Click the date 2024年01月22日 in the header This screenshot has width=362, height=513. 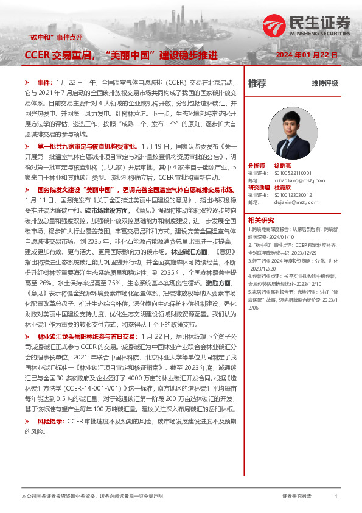(307, 55)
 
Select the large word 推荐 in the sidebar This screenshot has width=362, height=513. (257, 83)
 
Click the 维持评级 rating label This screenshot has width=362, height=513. (324, 83)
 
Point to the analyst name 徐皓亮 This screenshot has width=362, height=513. (284, 165)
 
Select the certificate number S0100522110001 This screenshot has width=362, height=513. (294, 173)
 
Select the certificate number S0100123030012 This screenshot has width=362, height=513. (294, 196)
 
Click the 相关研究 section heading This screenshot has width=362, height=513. (260, 220)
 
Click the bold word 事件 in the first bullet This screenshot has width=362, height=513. (44, 81)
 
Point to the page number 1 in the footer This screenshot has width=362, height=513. (336, 497)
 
